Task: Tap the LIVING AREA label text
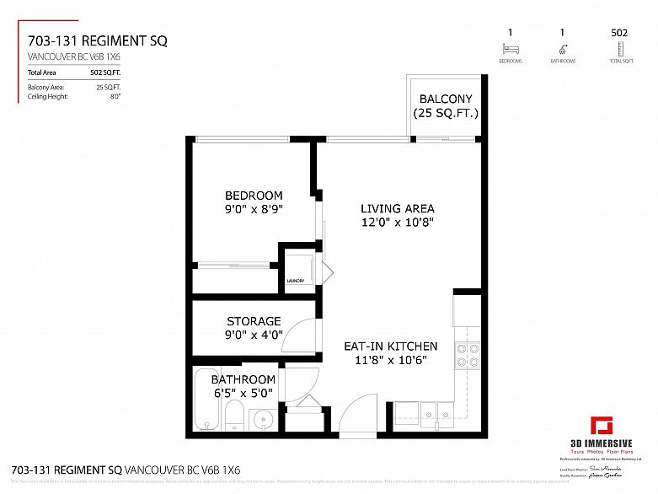click(397, 209)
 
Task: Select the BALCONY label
click(446, 99)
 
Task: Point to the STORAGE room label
click(254, 321)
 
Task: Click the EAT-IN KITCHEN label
click(390, 346)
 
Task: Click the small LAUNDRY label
click(295, 282)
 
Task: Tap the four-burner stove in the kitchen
click(468, 356)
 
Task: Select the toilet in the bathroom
click(235, 416)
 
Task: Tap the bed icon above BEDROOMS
click(510, 50)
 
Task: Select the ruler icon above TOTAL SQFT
click(621, 50)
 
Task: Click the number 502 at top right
click(619, 32)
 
